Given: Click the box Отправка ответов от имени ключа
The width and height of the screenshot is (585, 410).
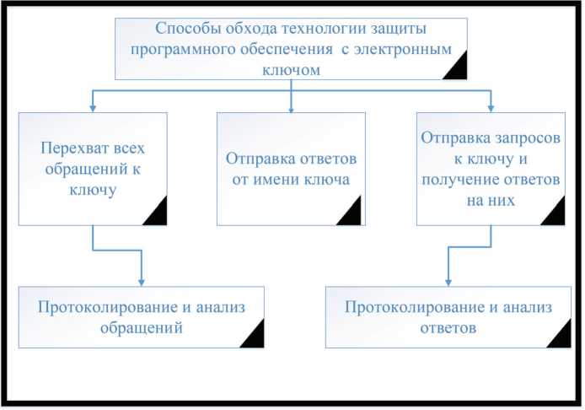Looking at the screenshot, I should [x=291, y=169].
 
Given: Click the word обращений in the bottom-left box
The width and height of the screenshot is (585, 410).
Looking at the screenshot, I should [x=142, y=327].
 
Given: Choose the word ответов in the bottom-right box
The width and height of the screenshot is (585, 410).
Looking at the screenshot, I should [x=448, y=327].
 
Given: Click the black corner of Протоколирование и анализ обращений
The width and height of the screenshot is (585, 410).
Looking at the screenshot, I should [x=254, y=337].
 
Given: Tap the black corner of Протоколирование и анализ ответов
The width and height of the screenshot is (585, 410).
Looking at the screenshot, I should [x=561, y=337].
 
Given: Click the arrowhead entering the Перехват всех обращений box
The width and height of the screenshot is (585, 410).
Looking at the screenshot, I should [x=92, y=108].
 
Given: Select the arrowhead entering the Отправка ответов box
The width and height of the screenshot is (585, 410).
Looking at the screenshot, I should [x=291, y=108].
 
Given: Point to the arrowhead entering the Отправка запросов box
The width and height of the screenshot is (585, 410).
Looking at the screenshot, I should [x=490, y=108].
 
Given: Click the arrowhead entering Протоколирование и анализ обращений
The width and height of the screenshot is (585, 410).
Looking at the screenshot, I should [x=141, y=282].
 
